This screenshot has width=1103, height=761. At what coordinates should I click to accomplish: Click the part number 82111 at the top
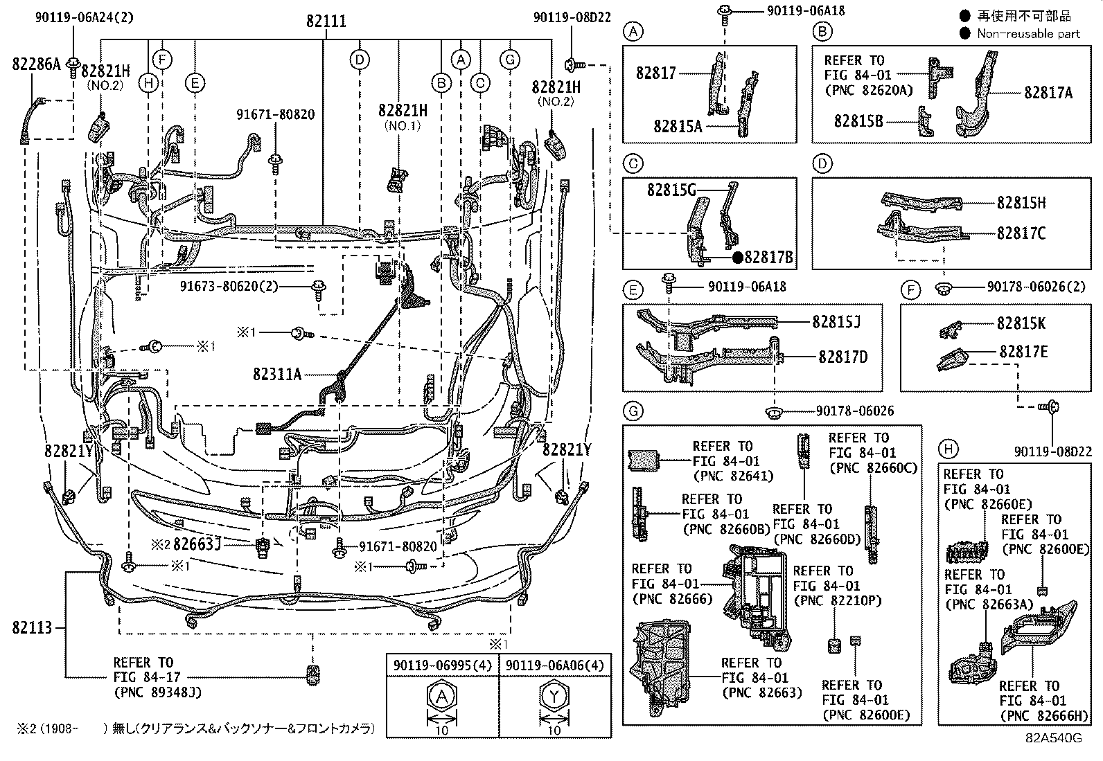326,21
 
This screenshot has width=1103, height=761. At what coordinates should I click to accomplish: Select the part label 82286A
36,64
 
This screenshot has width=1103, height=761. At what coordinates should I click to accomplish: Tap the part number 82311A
277,375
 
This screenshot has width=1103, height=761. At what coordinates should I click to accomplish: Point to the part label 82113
32,628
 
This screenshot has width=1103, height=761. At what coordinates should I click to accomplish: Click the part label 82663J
197,544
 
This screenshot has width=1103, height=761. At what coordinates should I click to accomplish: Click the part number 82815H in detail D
1021,203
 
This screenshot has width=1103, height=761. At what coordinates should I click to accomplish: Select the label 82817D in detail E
842,357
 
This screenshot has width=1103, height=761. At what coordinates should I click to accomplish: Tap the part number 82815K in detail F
1021,323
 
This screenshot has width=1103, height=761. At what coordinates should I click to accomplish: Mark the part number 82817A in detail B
1048,92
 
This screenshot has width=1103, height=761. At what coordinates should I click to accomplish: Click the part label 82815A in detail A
678,126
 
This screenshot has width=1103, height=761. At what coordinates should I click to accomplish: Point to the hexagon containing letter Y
554,697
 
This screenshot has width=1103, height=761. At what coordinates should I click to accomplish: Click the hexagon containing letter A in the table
442,697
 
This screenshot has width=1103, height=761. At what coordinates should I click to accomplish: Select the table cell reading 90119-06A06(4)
555,665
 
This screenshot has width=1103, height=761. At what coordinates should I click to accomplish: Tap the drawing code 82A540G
1054,738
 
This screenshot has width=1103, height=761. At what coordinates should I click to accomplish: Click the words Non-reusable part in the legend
1028,33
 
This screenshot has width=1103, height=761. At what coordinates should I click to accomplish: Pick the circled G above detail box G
633,412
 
